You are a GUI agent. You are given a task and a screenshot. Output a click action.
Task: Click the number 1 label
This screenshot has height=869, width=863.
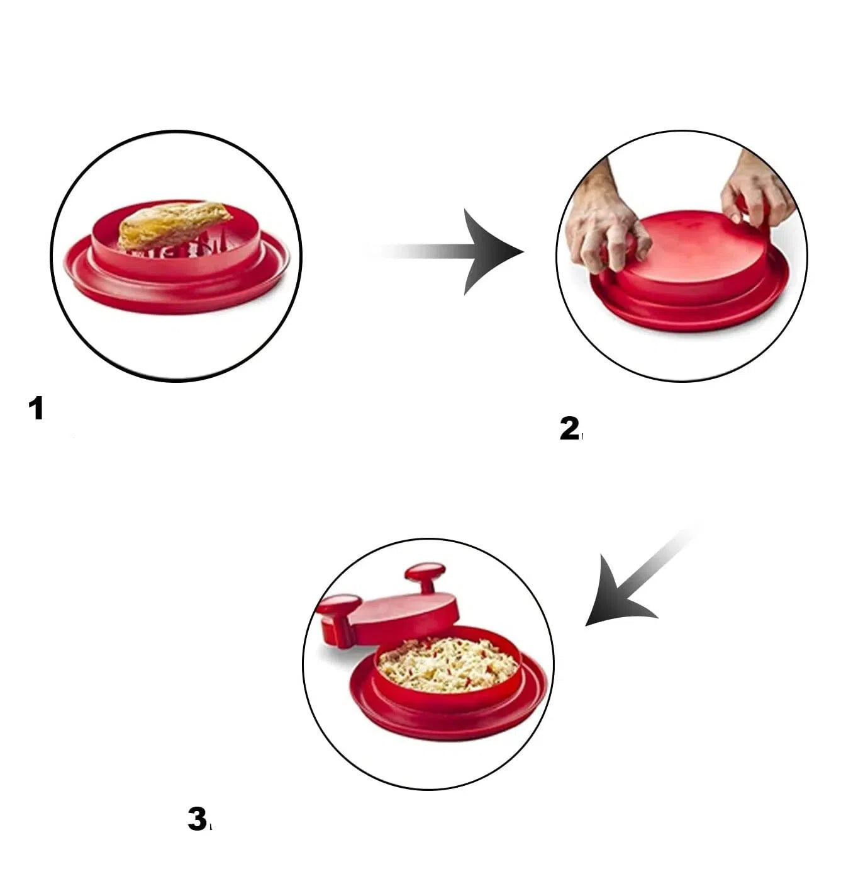tap(36, 409)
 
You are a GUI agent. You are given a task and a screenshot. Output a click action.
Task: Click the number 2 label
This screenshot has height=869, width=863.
tap(569, 429)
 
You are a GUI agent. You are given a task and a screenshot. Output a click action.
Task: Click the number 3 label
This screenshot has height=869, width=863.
tap(197, 819)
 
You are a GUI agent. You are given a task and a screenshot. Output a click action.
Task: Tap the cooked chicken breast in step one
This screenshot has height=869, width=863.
tap(173, 224)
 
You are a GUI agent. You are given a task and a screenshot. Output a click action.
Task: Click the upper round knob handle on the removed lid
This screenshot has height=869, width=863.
tap(425, 574)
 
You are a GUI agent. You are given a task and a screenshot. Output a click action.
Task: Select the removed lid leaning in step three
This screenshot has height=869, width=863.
tap(403, 611)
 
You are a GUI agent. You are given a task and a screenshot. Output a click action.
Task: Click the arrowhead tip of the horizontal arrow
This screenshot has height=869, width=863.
tap(520, 252)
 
